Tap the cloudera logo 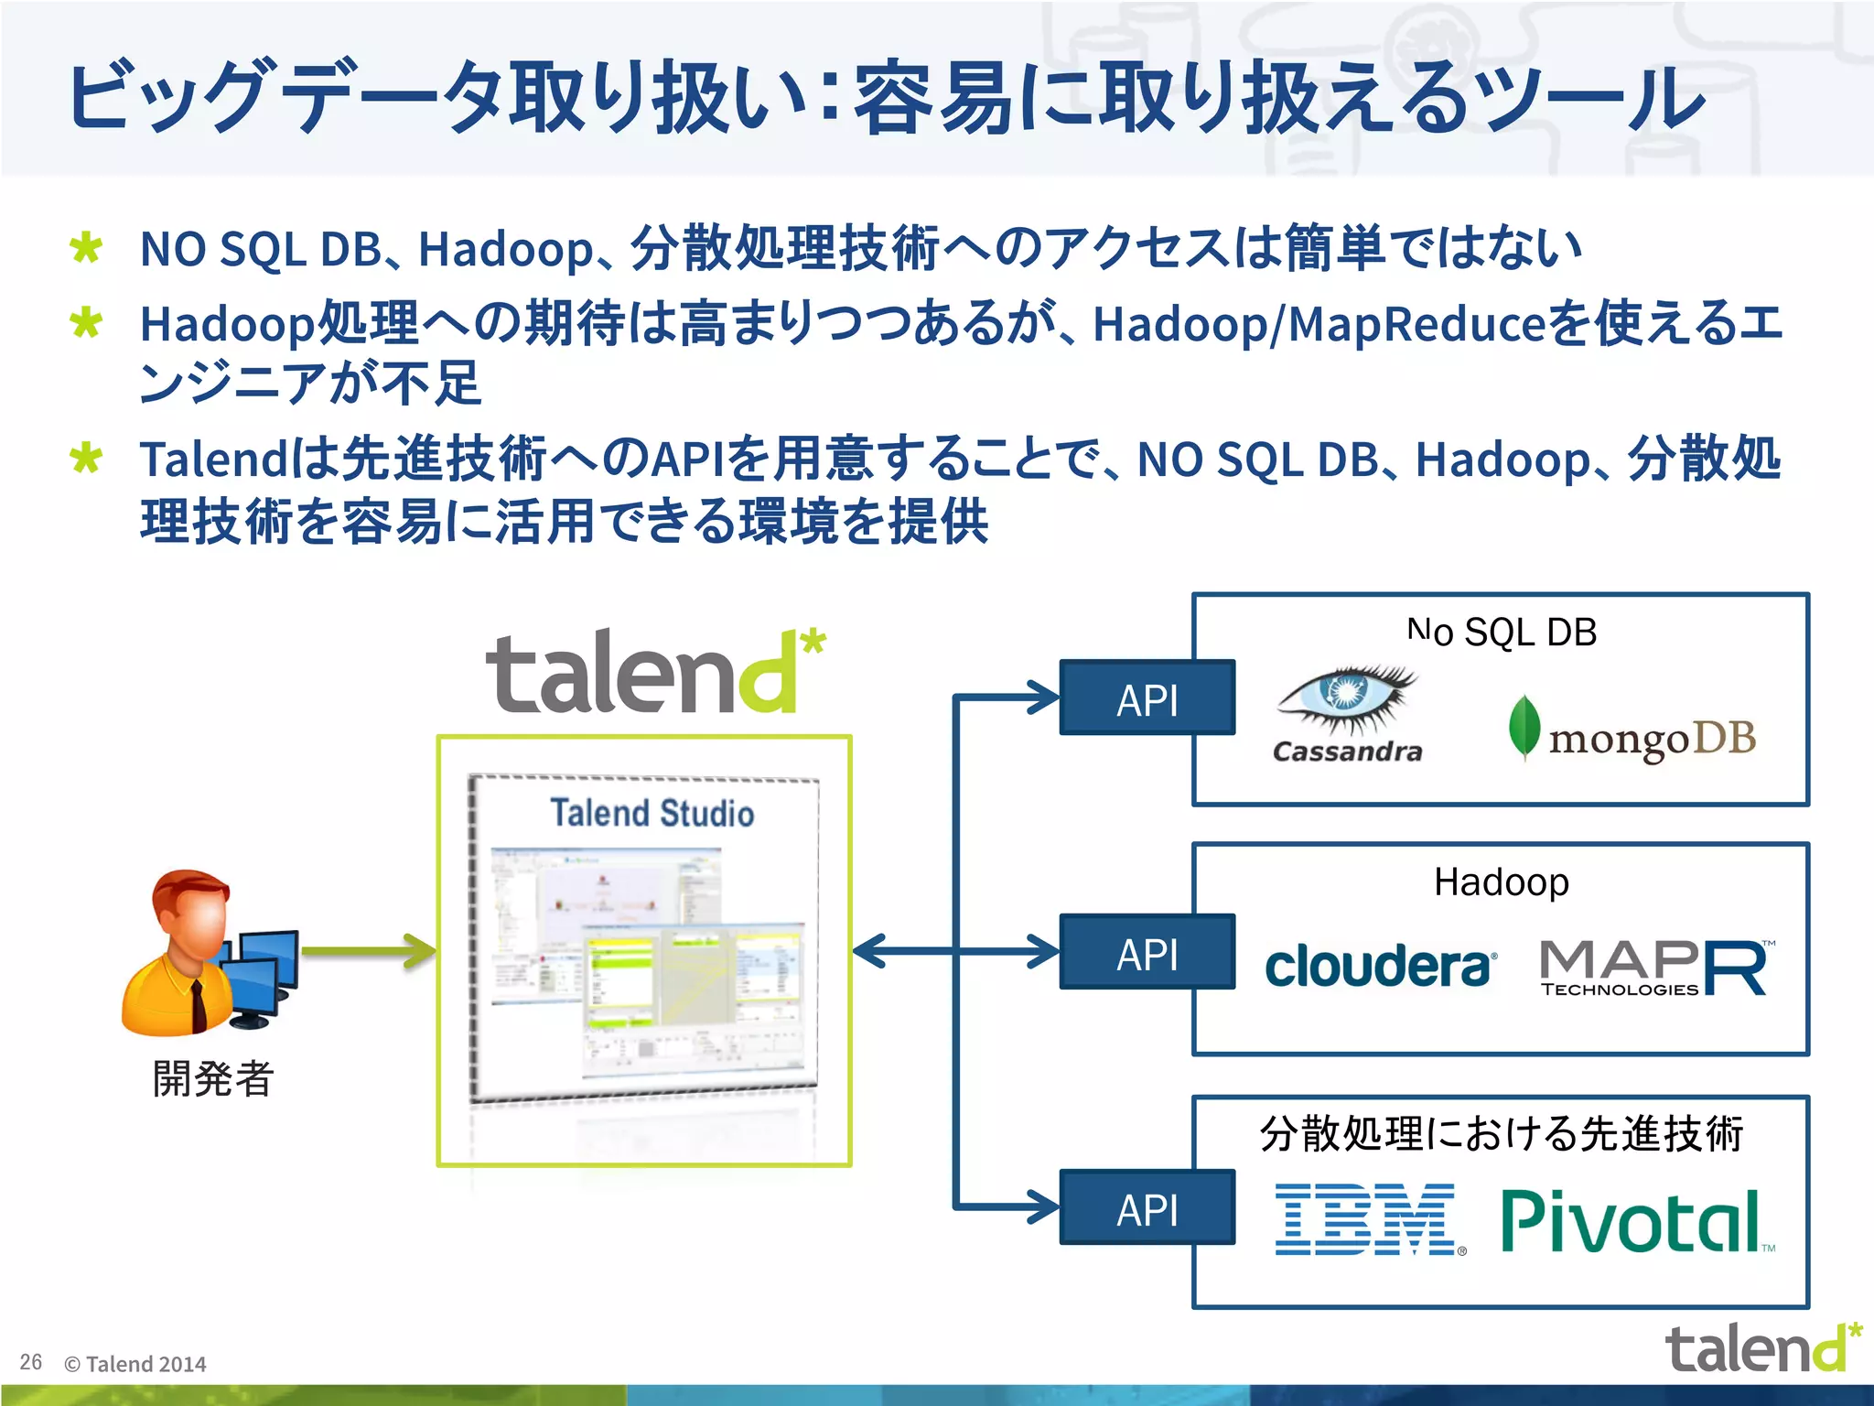click(1380, 967)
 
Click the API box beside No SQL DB click(1147, 699)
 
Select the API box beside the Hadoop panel click(1147, 954)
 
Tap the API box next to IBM click(1147, 1208)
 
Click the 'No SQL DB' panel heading click(1502, 633)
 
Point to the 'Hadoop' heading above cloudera click(1502, 882)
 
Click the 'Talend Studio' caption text click(652, 813)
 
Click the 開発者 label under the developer click(212, 1078)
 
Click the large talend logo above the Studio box click(653, 672)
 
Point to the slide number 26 click(31, 1362)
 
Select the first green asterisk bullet click(86, 249)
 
